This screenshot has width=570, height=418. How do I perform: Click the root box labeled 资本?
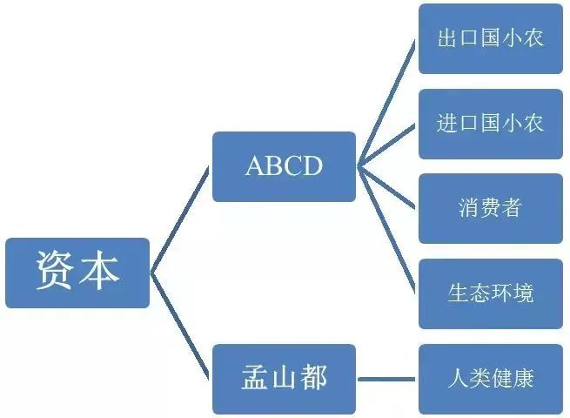coord(77,273)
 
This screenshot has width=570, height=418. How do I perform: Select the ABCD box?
coord(284,166)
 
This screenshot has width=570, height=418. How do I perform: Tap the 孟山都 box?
coord(284,378)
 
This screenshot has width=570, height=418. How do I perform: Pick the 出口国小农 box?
coord(490,39)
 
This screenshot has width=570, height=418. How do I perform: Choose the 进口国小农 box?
coord(490,124)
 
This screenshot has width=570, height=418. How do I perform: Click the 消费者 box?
coord(490,208)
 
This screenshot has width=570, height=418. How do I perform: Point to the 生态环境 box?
coord(490,293)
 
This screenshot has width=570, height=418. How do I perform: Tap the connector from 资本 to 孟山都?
coord(181,326)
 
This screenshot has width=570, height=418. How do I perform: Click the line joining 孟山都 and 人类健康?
coord(387,379)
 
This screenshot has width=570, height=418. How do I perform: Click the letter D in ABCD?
coord(312,166)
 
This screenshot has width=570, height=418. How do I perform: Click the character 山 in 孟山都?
coord(284,378)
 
